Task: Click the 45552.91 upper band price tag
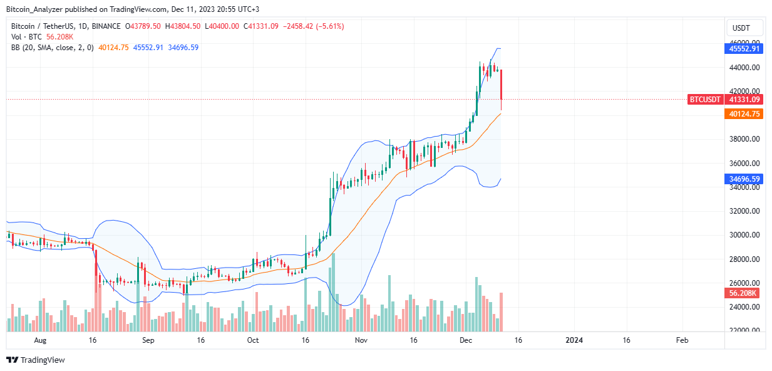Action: coord(744,48)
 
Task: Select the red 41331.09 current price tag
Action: coord(744,99)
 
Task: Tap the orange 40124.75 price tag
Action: coord(744,113)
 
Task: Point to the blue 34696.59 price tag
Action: coord(744,179)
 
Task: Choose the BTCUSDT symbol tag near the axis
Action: coord(705,99)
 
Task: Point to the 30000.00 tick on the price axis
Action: coord(744,235)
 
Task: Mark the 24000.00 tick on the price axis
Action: coord(744,307)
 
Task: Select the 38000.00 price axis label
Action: coord(744,139)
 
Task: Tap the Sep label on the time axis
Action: coord(148,340)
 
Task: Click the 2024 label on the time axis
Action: coord(574,340)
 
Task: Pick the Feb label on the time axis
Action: coord(682,340)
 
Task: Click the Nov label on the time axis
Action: coord(361,340)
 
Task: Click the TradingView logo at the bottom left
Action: coord(36,360)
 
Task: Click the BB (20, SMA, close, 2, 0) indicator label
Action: coord(51,48)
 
